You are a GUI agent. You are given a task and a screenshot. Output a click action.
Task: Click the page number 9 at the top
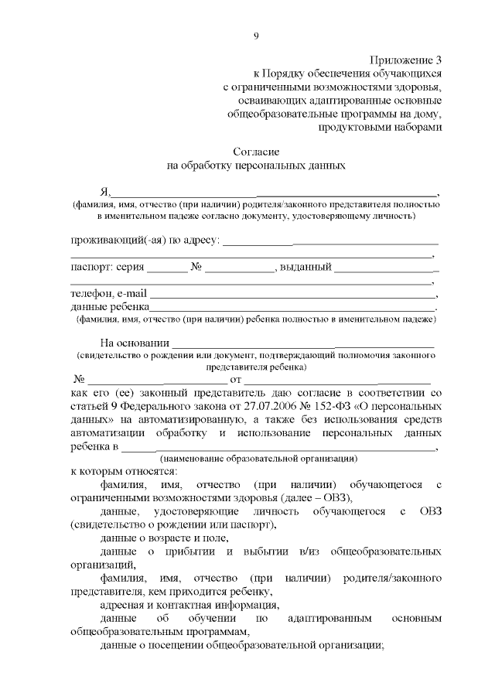pyautogui.click(x=255, y=35)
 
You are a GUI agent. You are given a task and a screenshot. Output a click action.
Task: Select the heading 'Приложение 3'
pyautogui.click(x=405, y=59)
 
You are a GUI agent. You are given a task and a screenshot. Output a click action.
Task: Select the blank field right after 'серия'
pyautogui.click(x=167, y=268)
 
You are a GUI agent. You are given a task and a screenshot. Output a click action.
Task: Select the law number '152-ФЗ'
pyautogui.click(x=345, y=405)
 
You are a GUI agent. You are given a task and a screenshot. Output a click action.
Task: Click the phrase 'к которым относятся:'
pyautogui.click(x=123, y=471)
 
